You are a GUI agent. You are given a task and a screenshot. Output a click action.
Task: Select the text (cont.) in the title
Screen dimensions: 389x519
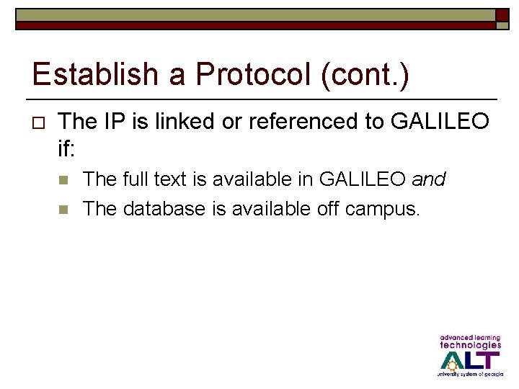(x=365, y=75)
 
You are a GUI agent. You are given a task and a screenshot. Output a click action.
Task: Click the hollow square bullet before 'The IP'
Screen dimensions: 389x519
(x=39, y=122)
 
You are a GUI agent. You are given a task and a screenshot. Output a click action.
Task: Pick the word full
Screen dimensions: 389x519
(x=139, y=179)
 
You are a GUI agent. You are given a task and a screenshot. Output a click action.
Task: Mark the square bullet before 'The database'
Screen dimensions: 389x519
(x=63, y=210)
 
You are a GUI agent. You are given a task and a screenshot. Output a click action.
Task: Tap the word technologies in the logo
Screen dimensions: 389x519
(x=470, y=345)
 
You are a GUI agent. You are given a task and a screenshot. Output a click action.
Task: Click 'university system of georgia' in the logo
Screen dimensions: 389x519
(x=469, y=375)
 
